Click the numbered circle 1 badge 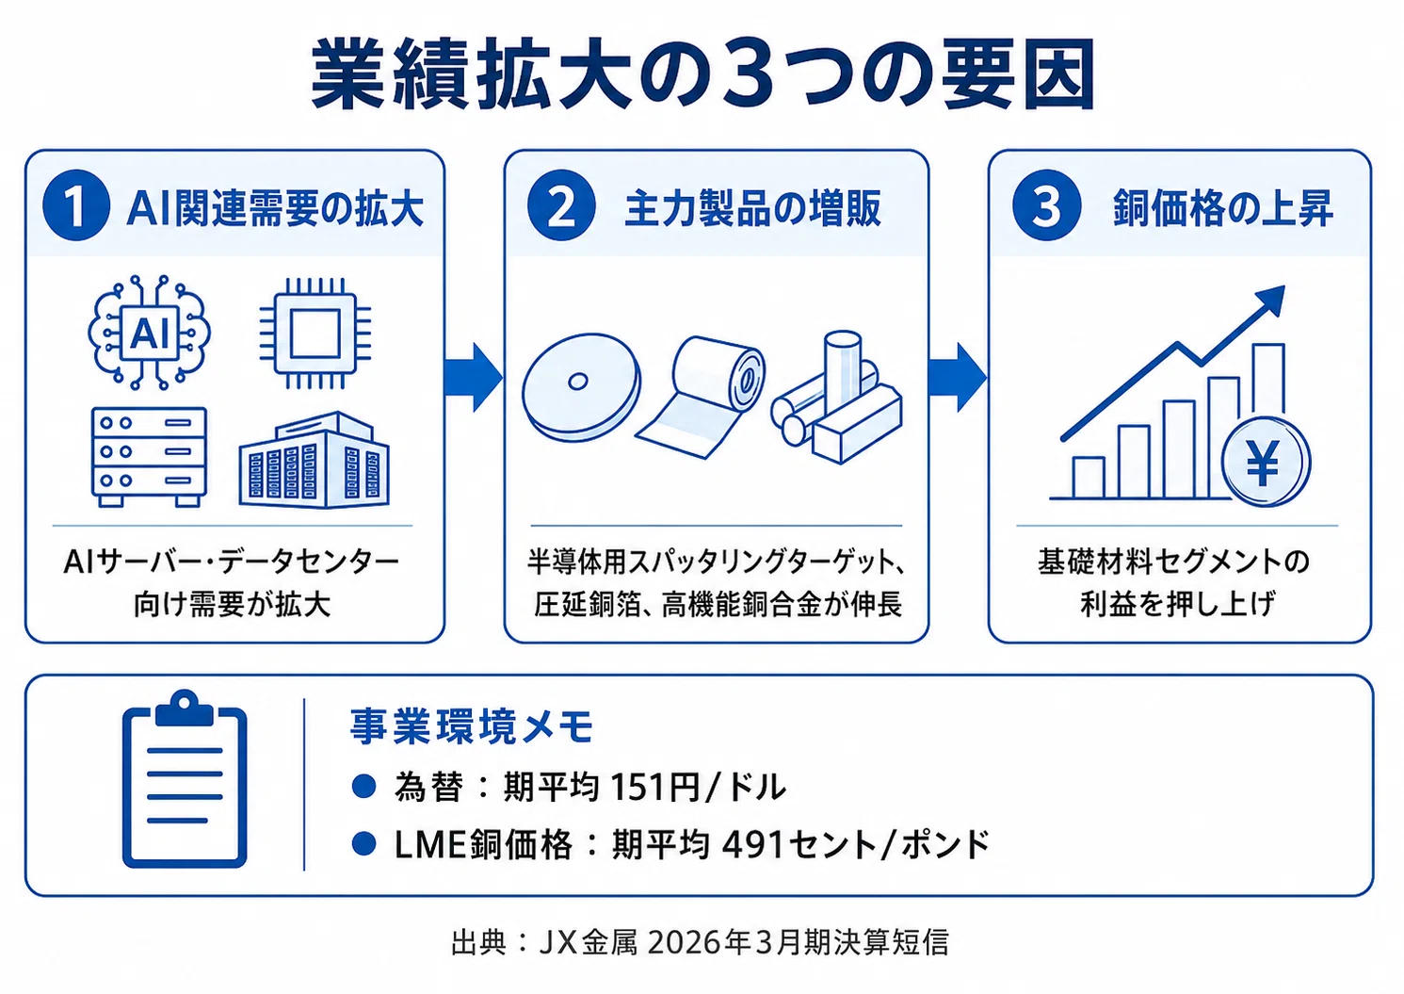pos(76,205)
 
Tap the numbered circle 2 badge pos(561,205)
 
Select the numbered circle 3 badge pos(1047,205)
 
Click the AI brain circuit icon pos(149,333)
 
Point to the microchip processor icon pos(315,333)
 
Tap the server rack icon pos(149,457)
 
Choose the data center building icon pos(314,460)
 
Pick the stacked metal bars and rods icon pos(837,398)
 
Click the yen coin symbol pos(1266,463)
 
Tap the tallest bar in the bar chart pos(1268,383)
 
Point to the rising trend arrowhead pos(1270,301)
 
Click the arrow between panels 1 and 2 pos(474,378)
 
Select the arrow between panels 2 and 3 pos(958,378)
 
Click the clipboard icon pos(185,779)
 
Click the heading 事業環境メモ pos(472,726)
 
